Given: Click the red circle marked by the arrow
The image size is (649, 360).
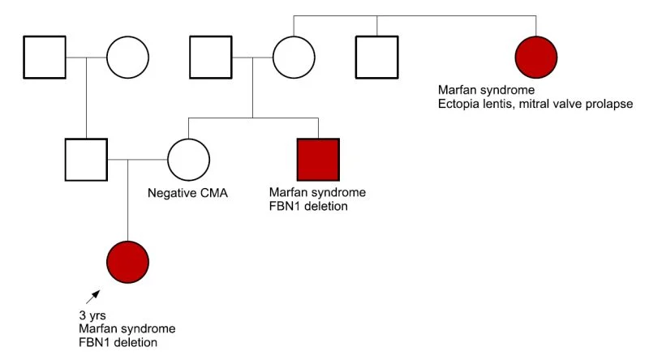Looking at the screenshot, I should click(x=128, y=261).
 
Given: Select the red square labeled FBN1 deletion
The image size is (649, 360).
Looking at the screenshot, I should click(x=318, y=159).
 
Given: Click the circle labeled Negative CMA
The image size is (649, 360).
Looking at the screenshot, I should click(x=189, y=159).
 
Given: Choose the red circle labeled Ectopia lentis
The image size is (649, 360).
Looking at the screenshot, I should click(x=536, y=57).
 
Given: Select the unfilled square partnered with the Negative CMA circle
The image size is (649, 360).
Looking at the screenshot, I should click(x=86, y=159).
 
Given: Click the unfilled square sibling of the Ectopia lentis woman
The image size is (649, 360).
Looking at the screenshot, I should click(x=376, y=57).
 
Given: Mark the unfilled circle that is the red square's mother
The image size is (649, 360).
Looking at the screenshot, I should click(x=293, y=57).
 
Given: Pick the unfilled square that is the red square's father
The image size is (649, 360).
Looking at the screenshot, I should click(x=210, y=57).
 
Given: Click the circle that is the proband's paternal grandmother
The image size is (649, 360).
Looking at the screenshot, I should click(x=128, y=57).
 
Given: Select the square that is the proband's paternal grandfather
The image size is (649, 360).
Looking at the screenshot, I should click(x=44, y=57).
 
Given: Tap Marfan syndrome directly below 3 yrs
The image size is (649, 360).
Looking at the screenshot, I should click(x=127, y=328).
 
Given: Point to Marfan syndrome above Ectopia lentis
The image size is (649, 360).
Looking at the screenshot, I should click(x=487, y=90).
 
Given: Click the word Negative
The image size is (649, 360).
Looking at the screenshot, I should click(x=171, y=195).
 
